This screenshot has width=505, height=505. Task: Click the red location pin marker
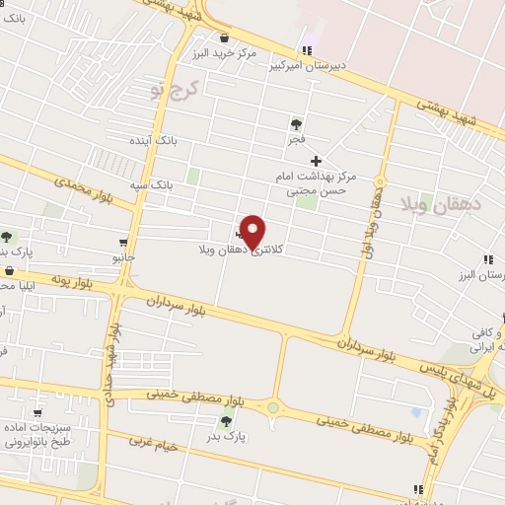pyautogui.click(x=252, y=231)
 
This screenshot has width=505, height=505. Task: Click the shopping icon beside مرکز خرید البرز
pyautogui.click(x=224, y=37)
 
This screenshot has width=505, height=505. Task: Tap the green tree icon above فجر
pyautogui.click(x=296, y=124)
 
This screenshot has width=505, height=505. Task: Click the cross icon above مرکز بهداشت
pyautogui.click(x=316, y=161)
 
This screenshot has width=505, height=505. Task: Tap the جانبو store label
pyautogui.click(x=123, y=257)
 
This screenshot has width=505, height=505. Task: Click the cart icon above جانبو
pyautogui.click(x=123, y=242)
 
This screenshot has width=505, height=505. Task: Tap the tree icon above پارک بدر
pyautogui.click(x=227, y=421)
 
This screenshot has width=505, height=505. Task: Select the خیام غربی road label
pyautogui.click(x=153, y=444)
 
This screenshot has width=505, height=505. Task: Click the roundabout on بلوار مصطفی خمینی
pyautogui.click(x=272, y=407)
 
